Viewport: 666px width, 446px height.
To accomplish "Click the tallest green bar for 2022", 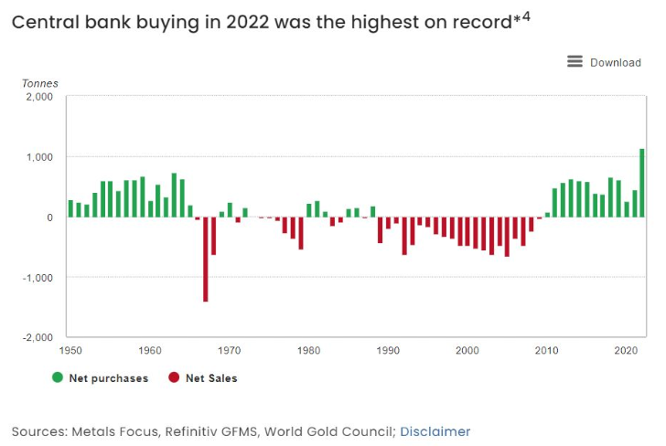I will (x=642, y=183).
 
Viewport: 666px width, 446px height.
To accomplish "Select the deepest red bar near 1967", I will (x=205, y=260).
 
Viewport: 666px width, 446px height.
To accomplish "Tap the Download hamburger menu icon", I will (x=575, y=61).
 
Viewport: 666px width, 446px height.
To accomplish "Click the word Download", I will (x=616, y=62).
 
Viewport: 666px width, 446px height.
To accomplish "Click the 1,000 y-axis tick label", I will (x=39, y=157).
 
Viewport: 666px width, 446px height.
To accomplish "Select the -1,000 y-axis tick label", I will (x=38, y=277).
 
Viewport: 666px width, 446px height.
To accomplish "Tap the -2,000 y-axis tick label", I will (x=38, y=337).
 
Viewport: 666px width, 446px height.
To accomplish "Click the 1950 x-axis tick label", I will (x=70, y=351).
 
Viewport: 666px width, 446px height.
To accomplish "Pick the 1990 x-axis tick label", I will (x=389, y=351).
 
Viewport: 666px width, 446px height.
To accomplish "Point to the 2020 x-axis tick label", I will (x=627, y=351).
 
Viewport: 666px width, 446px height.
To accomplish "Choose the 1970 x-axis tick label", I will (x=230, y=351).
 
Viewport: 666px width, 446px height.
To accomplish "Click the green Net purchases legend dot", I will (x=58, y=377).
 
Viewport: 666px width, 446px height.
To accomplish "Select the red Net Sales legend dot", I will (x=174, y=377).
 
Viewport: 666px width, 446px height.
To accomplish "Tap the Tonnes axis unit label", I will (x=39, y=83).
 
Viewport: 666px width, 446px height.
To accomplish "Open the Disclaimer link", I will (x=435, y=431).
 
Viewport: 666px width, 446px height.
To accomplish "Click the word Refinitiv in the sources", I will (x=214, y=431).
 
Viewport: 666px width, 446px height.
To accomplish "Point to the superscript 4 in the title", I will (x=525, y=16).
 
